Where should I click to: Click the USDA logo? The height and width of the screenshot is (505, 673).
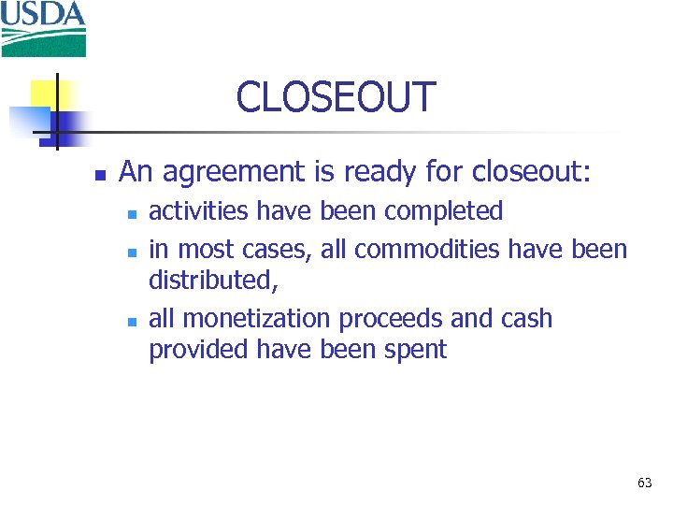pos(43,28)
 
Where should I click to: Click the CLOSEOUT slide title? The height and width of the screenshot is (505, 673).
pos(336,97)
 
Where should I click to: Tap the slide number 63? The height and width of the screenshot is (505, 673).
pos(644,483)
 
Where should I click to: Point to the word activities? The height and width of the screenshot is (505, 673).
pos(199,211)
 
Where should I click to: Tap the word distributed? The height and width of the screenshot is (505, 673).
pos(214,280)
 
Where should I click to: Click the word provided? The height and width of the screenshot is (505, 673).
pos(193,350)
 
